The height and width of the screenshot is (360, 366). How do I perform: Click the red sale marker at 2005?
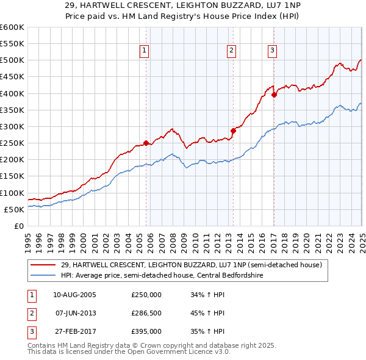point(146,143)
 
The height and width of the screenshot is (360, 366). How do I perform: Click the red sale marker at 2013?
point(233,131)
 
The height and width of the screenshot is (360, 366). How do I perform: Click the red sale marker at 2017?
point(274,95)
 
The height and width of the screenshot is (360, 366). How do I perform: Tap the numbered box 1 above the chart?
point(145,51)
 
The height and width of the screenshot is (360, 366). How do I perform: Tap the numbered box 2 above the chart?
point(232,51)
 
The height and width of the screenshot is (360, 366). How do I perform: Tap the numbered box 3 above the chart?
point(272,51)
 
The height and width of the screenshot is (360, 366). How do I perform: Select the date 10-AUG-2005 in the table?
point(74,295)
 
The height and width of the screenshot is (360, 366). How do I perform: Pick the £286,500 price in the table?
point(146,313)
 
